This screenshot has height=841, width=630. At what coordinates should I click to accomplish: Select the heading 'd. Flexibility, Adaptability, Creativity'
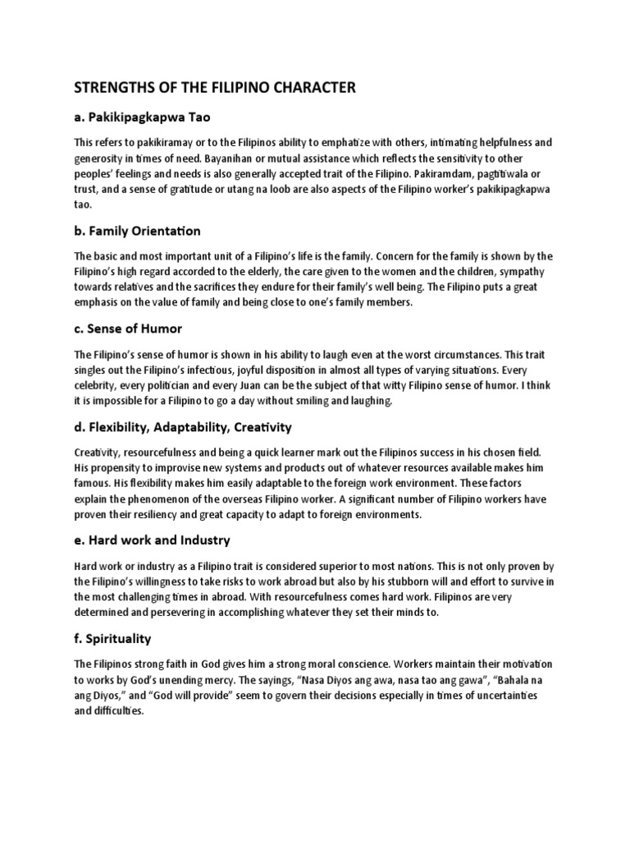(x=183, y=427)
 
